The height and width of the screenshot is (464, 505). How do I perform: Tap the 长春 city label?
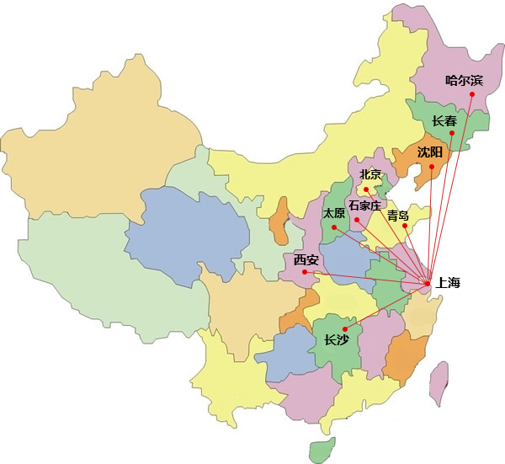point(445,120)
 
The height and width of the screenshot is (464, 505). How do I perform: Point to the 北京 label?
point(370,174)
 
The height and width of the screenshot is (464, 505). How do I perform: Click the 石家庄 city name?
point(365,205)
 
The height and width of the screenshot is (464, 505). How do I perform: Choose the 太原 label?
point(333,213)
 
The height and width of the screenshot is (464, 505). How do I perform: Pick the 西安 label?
point(306,260)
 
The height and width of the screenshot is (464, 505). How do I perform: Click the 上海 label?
point(449,283)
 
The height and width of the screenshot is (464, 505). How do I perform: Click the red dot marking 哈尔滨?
point(472,94)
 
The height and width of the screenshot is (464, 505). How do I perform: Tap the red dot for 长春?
point(452,134)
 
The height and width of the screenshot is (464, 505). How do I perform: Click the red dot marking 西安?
point(306,271)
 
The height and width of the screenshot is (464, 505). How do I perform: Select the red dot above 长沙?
point(345,328)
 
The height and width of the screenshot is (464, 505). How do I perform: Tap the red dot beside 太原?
point(334,227)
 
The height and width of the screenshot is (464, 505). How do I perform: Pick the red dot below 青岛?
point(405,226)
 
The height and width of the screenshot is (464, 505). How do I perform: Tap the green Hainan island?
point(321,451)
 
